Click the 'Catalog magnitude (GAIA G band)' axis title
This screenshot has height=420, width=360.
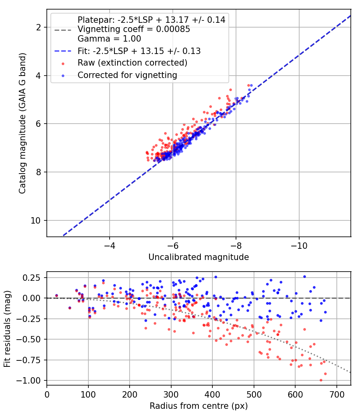tap(22, 123)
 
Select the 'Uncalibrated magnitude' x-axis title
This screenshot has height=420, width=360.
tap(199, 257)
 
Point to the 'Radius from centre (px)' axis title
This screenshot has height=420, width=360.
tap(199, 406)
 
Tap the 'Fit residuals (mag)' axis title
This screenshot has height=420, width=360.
tap(7, 329)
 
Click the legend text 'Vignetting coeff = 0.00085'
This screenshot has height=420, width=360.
tap(134, 29)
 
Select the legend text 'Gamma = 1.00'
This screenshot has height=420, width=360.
tap(109, 39)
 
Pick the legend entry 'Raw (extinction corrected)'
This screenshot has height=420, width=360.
tap(132, 63)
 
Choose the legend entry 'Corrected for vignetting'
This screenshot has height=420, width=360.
tap(127, 75)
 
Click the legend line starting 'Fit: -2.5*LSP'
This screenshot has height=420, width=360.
tap(139, 51)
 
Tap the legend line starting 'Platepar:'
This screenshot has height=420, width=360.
tap(151, 20)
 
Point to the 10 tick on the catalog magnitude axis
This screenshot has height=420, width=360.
tap(35, 221)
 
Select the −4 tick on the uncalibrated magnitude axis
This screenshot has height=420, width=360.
tap(109, 246)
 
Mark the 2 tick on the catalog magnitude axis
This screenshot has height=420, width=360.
tap(38, 27)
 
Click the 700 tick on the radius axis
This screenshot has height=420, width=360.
tap(336, 394)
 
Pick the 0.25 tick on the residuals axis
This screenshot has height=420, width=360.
tap(31, 278)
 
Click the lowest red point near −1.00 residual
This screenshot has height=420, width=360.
tap(321, 380)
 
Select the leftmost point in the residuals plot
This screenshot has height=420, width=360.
tap(56, 296)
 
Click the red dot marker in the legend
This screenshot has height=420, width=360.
tap(63, 64)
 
